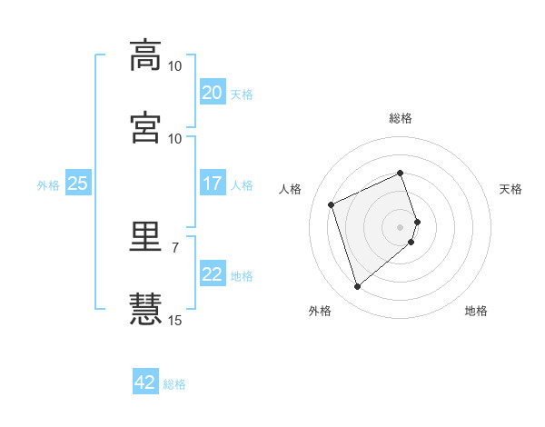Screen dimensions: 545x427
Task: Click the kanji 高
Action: point(145,55)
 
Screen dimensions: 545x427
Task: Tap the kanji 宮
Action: point(145,127)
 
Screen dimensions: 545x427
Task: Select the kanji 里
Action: point(145,236)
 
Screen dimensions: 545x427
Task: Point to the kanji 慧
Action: point(145,309)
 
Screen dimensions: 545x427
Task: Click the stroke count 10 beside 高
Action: point(174,66)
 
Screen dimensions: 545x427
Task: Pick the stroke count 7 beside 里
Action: point(175,248)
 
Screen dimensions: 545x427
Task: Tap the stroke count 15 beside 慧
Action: point(174,320)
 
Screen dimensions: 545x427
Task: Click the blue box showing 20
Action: point(213,92)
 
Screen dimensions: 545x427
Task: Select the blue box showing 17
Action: point(213,183)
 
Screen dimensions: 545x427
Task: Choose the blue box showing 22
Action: point(213,273)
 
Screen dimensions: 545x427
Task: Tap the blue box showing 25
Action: point(78,183)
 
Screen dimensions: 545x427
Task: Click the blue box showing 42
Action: point(145,381)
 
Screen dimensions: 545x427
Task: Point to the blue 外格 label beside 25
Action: point(48,185)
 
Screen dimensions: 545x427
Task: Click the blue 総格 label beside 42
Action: point(174,384)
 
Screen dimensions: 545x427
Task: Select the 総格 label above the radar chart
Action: point(401,118)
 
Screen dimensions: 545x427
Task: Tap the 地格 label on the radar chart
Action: point(476,311)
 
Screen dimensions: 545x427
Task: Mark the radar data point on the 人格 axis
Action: point(331,204)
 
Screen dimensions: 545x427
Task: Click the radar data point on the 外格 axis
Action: point(357,286)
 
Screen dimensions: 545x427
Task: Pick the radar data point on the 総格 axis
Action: point(400,173)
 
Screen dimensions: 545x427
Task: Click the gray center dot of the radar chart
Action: point(400,227)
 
